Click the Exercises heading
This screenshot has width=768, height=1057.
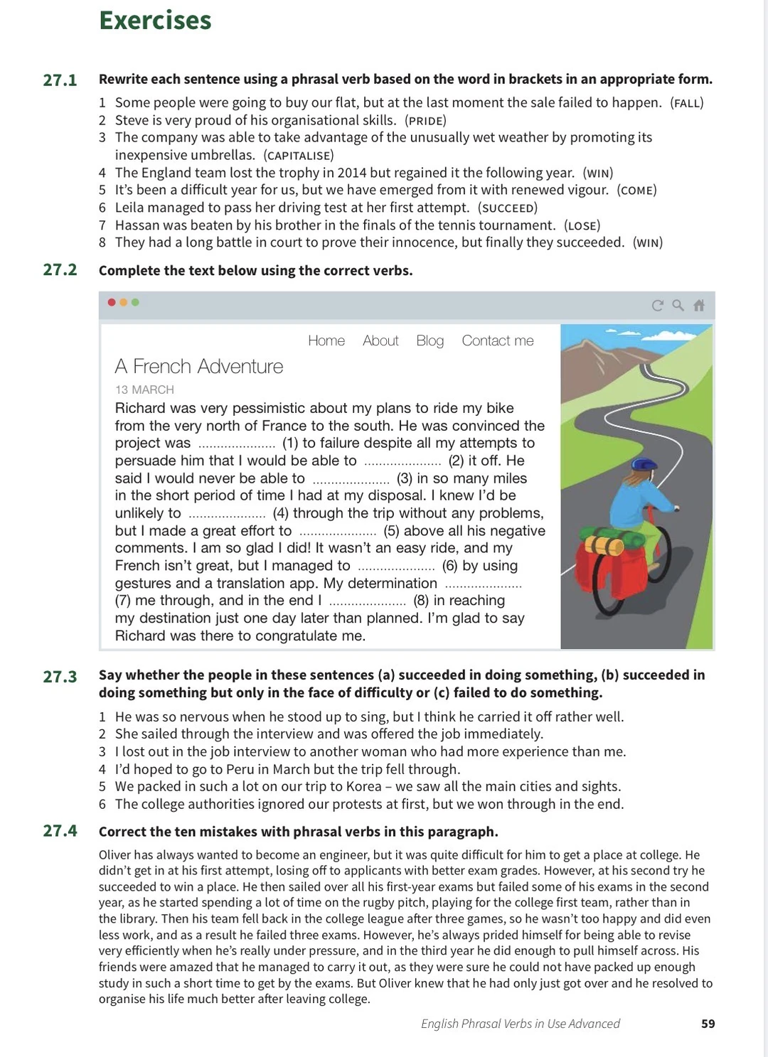click(155, 21)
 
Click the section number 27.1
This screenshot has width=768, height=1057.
click(60, 80)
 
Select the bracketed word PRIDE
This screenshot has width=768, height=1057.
click(425, 121)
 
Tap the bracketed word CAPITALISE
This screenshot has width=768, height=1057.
click(298, 156)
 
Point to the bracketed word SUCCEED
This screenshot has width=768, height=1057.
click(508, 208)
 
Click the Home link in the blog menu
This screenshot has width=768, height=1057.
click(326, 340)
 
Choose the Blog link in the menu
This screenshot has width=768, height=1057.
click(430, 340)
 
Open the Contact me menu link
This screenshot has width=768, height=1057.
click(498, 340)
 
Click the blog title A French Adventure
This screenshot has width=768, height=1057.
click(199, 366)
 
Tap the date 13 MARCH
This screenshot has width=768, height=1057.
click(144, 390)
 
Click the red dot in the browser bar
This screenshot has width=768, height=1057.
click(112, 302)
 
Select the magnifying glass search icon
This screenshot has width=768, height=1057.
click(678, 305)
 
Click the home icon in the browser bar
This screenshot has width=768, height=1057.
click(699, 305)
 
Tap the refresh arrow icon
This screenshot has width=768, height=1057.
click(657, 305)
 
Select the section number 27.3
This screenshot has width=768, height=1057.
click(60, 676)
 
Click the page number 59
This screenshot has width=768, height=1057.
click(708, 1024)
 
